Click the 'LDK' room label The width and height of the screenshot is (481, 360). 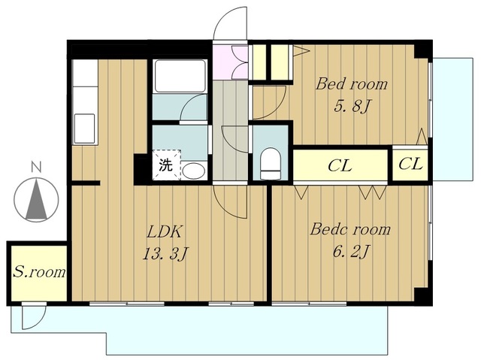[x=165, y=231]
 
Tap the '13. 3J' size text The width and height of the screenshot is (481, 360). [x=165, y=254]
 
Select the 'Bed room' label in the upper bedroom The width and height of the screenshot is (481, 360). [x=352, y=84]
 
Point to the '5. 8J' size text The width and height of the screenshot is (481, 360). [x=352, y=107]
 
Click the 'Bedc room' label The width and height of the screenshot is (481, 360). [x=350, y=229]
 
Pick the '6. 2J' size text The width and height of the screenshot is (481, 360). [x=351, y=252]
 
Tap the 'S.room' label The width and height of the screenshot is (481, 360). [x=39, y=272]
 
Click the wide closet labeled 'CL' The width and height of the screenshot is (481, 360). [x=340, y=165]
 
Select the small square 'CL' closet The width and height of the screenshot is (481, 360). [x=410, y=165]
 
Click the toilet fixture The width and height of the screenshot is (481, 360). [x=271, y=164]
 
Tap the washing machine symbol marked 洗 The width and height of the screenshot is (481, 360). [x=167, y=165]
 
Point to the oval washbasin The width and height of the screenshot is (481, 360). [x=194, y=171]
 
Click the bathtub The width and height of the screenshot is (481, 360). [x=180, y=76]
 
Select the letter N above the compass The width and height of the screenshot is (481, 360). [x=36, y=168]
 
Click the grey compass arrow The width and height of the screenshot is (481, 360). [x=36, y=198]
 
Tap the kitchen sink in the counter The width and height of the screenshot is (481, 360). [x=85, y=129]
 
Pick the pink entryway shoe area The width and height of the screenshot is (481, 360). [x=231, y=62]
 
